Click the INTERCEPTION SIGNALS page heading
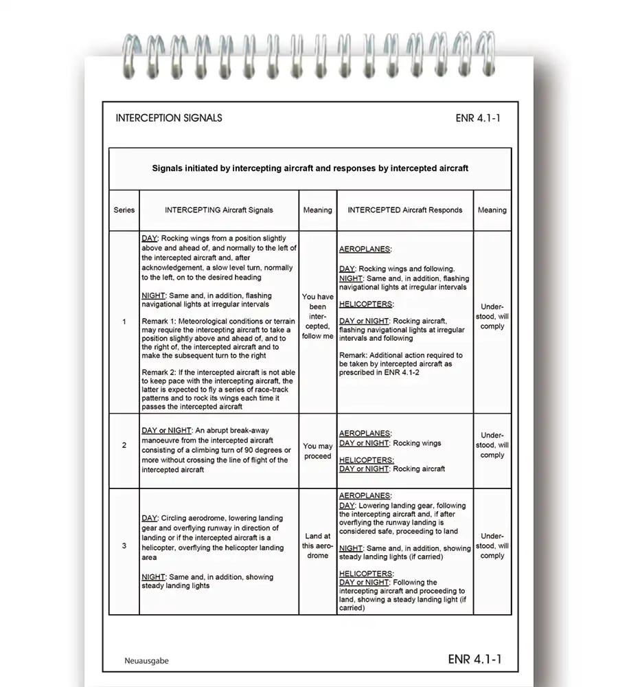[x=169, y=118]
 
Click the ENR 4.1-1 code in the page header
[x=478, y=118]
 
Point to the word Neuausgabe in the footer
[x=146, y=661]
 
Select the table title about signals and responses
[x=310, y=168]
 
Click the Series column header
[x=124, y=210]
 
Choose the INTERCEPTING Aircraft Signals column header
[x=219, y=210]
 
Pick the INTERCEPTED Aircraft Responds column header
[x=405, y=210]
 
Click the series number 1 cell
[x=124, y=322]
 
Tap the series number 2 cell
[x=124, y=445]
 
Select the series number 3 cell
[x=124, y=546]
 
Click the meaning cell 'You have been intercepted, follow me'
[x=317, y=317]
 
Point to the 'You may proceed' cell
[x=317, y=451]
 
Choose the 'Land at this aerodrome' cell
[x=317, y=546]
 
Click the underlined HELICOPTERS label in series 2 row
[x=366, y=460]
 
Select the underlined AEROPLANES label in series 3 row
[x=365, y=496]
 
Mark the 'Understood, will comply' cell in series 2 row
[x=492, y=445]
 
